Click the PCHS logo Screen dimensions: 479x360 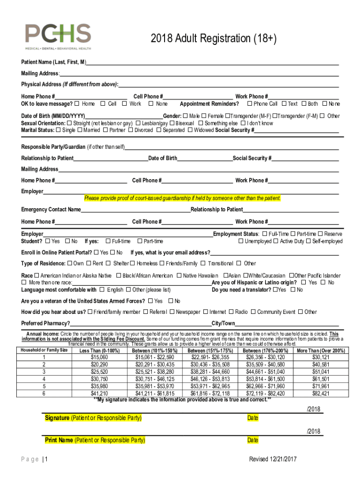click(58, 37)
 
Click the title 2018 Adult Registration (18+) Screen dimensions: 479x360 click(214, 38)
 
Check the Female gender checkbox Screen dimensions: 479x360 click(204, 116)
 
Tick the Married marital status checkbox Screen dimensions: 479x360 click(80, 130)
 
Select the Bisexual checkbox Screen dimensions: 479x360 click(172, 123)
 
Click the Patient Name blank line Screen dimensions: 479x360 click(212, 62)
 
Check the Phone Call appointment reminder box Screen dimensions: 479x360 click(250, 104)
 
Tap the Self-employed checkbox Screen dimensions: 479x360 click(309, 241)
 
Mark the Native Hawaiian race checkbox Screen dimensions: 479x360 click(180, 276)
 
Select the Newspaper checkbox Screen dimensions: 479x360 click(172, 312)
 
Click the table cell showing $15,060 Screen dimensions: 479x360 click(99, 357)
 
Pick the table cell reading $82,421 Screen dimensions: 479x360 click(320, 393)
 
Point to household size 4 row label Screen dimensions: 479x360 click(44, 379)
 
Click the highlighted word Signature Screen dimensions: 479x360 click(57, 418)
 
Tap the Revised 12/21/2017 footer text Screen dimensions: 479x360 click(273, 459)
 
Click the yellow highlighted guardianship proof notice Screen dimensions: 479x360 click(182, 198)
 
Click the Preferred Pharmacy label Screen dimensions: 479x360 click(45, 324)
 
